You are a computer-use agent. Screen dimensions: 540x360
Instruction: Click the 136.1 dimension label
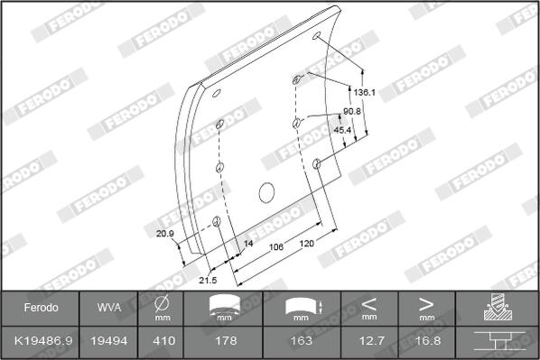(364, 93)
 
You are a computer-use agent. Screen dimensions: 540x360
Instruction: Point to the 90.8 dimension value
(352, 112)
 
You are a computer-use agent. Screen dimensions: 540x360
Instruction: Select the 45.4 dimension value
(342, 130)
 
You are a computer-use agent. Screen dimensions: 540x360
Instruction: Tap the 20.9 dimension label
(165, 234)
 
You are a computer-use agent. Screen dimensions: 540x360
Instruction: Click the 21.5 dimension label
(208, 281)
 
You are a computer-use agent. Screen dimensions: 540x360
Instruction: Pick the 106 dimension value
(276, 247)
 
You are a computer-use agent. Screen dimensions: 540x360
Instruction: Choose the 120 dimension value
(306, 244)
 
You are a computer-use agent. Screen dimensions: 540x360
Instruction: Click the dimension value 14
(248, 244)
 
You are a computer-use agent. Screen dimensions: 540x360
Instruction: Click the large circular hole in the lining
(266, 193)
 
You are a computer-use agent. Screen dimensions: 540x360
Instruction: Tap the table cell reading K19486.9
(43, 341)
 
